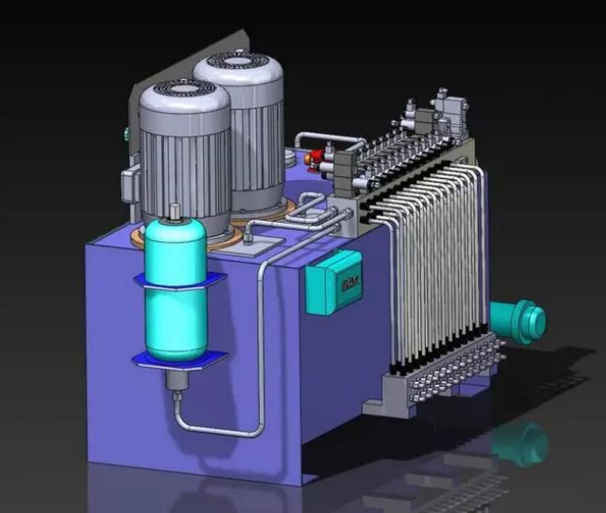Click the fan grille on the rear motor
click(238, 63)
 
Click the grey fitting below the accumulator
click(176, 385)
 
